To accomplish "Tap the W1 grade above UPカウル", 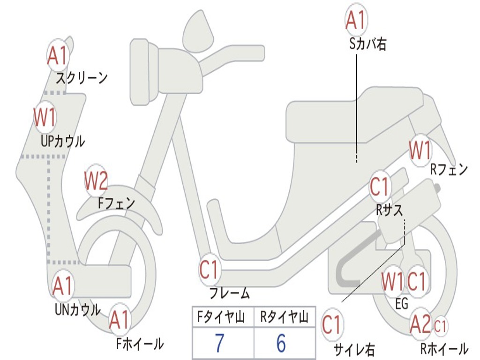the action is coord(45,117).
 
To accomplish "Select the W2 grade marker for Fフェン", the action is coord(96,181).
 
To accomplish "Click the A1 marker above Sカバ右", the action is coord(355,20).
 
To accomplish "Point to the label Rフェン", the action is coord(449,170).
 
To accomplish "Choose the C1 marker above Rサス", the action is coord(380,187).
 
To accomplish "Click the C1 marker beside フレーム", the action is coord(209,270).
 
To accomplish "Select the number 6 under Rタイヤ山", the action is coord(281,343).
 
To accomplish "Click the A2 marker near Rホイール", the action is coord(420,324).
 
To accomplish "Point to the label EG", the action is coord(402,303).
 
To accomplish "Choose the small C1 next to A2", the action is coord(441,324).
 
